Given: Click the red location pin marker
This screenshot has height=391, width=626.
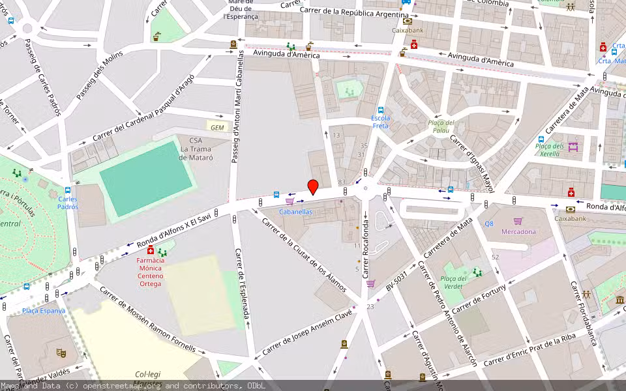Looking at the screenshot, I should pos(313,186).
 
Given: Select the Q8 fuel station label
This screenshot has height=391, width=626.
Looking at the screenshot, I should pos(488,224).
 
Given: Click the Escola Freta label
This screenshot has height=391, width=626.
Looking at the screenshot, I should pos(380,122).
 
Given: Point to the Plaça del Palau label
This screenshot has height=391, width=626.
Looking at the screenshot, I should pos(441,126).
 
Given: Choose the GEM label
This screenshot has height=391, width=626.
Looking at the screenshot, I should pos(217,127).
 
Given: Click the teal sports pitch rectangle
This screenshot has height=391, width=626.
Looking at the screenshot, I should pos(147,180).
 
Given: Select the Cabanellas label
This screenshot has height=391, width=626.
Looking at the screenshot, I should pos(295,212).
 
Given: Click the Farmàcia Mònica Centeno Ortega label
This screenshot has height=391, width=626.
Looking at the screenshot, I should pos(150,272).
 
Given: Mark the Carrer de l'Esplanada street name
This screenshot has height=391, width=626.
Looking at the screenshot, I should pos(242,287).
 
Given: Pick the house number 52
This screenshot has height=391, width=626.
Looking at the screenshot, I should pos(495,257).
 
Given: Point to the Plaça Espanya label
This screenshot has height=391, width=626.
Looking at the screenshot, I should pos(44,311).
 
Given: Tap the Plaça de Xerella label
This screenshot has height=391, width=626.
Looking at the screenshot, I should pos(549,150).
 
